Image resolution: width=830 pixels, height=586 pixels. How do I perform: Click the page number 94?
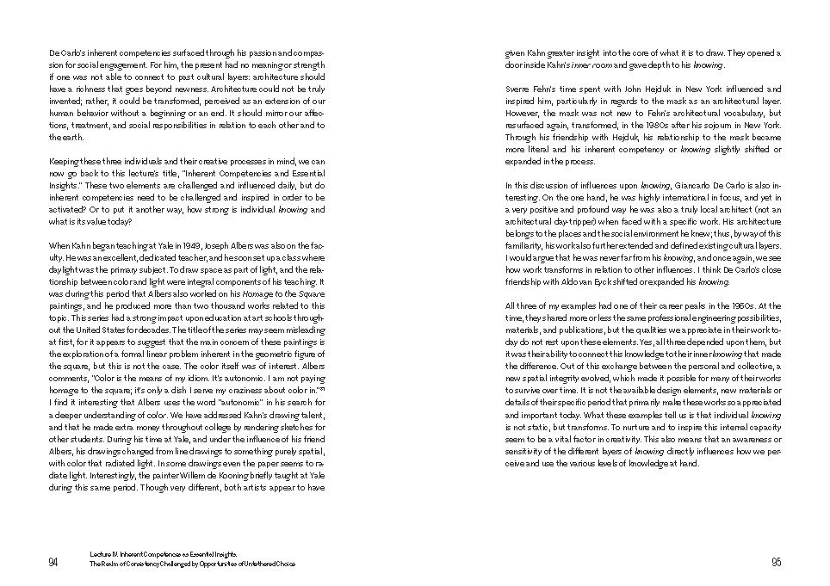[x=53, y=563]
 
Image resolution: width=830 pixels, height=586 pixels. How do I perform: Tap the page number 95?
[x=776, y=563]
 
